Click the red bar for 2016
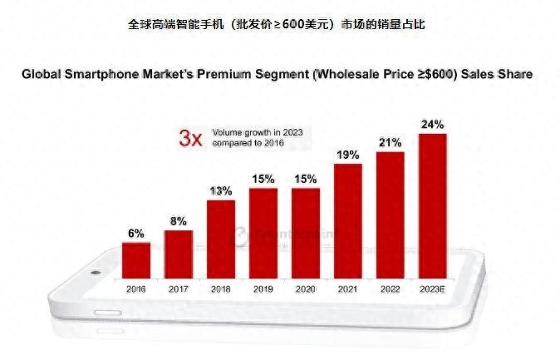click(x=136, y=260)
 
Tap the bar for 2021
click(x=347, y=221)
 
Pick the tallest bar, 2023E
click(x=432, y=206)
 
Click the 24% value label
click(x=432, y=125)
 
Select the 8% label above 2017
click(x=179, y=221)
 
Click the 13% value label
click(x=221, y=191)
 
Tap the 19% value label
click(x=347, y=155)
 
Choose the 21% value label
click(x=390, y=142)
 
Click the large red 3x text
click(x=191, y=138)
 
